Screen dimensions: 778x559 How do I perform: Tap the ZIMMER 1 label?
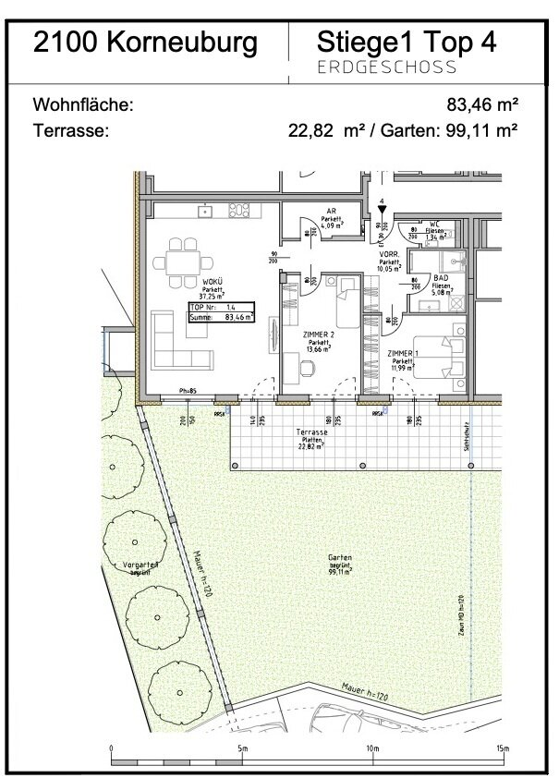coord(402,354)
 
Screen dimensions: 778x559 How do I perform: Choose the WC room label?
coord(433,224)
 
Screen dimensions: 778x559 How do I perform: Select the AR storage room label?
coord(327,210)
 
